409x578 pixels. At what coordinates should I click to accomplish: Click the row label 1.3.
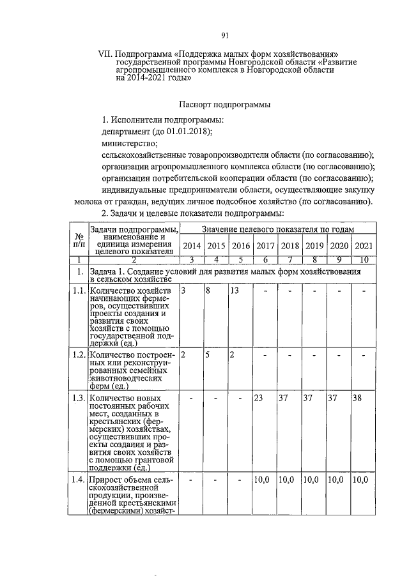pyautogui.click(x=78, y=399)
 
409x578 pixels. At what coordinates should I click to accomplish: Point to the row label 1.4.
pyautogui.click(x=78, y=479)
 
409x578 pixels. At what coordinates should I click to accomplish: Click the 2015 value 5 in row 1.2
pyautogui.click(x=208, y=354)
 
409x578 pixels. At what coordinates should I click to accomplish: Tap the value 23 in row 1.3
pyautogui.click(x=259, y=399)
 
